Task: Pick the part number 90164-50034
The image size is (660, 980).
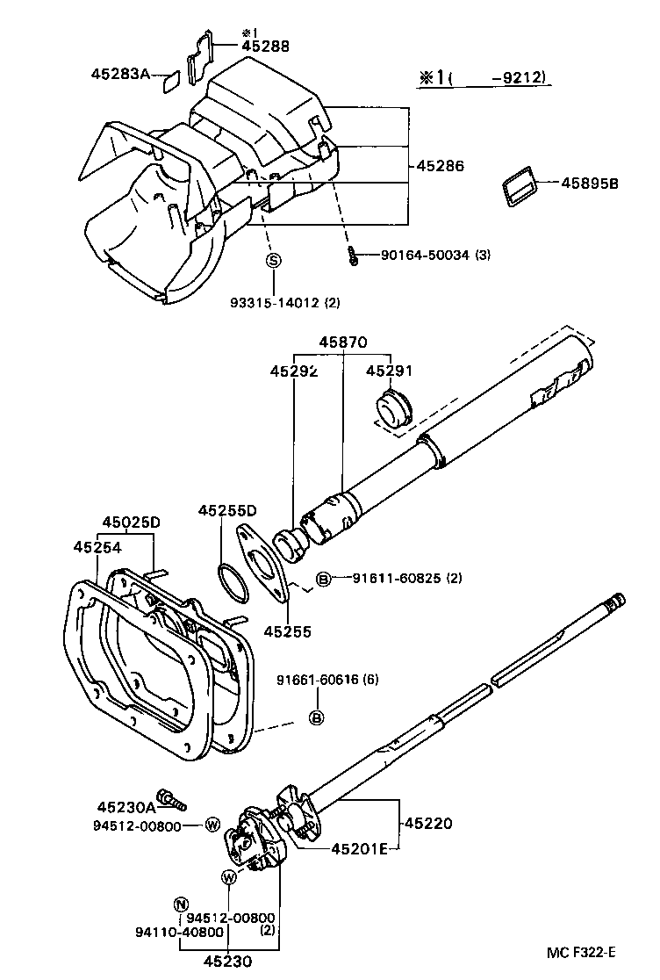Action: tap(425, 256)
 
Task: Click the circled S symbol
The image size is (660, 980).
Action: tap(273, 260)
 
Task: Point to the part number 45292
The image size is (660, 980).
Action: tap(293, 371)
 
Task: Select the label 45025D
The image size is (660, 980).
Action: tap(132, 522)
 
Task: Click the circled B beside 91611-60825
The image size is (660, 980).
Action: tap(323, 579)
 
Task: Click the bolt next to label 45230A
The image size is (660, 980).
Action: tap(174, 799)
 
